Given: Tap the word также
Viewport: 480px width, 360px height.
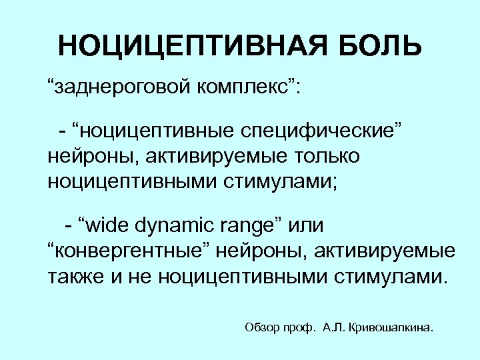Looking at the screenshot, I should (73, 276).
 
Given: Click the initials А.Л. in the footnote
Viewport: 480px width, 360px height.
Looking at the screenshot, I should (333, 327).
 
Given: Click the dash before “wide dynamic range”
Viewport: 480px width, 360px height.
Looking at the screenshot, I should (69, 225).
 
